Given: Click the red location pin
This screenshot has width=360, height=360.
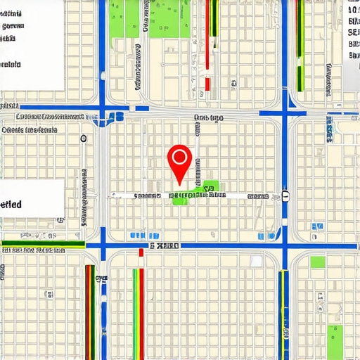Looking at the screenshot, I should [x=180, y=162].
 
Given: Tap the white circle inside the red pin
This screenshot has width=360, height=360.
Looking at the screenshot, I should [x=180, y=156].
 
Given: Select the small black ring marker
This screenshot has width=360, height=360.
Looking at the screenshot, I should [x=84, y=138].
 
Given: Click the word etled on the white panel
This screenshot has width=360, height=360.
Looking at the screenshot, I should [x=11, y=205].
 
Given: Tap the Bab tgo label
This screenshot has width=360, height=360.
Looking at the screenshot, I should [x=208, y=118].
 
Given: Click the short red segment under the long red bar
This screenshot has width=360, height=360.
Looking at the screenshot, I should [x=207, y=84].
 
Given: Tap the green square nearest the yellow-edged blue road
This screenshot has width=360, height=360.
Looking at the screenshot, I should [x=318, y=262].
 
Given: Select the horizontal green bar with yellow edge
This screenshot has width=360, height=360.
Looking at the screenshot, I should [x=42, y=245].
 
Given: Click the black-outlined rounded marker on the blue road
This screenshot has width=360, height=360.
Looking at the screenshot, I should [x=285, y=195].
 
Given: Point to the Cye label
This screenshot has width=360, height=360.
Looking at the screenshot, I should [x=101, y=278].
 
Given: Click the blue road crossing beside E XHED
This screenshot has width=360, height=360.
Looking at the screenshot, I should [x=104, y=245].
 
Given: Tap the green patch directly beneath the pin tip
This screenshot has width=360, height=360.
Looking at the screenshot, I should [x=180, y=200].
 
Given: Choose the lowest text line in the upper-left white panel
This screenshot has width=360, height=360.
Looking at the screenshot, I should [x=11, y=64].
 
